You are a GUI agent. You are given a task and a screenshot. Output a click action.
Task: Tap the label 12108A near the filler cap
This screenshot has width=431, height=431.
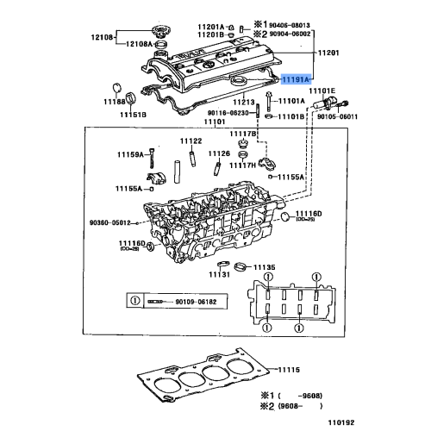138,44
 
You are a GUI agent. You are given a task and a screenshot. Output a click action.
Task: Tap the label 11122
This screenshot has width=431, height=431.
191,141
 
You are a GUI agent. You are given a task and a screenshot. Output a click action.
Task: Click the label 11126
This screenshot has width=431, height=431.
219,153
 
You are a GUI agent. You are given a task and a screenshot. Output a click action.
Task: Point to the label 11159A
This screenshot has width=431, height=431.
130,154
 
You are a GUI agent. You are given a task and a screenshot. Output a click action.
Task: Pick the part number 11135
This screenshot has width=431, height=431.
263,267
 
